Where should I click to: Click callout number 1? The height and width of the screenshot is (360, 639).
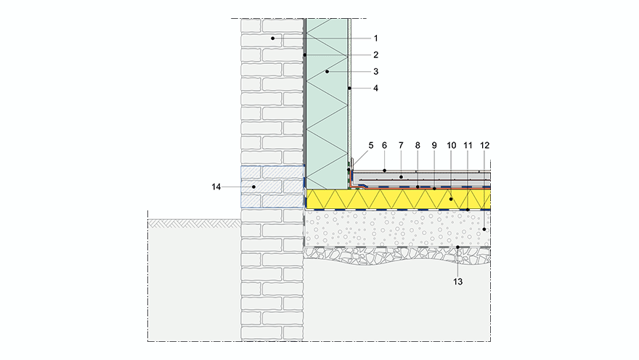(375, 38)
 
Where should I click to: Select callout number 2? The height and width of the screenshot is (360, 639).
(375, 54)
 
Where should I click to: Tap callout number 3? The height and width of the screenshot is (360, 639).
(375, 72)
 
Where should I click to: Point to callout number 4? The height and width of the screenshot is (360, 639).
(375, 89)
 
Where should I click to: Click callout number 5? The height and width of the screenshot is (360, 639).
(370, 145)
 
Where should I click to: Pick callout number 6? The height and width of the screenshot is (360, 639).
(385, 145)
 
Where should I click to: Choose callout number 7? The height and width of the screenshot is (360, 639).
(401, 145)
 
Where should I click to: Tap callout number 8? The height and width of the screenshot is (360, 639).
(418, 145)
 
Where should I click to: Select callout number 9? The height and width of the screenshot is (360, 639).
(434, 145)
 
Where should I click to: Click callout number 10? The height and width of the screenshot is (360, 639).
(451, 145)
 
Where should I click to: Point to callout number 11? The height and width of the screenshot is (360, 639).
(468, 145)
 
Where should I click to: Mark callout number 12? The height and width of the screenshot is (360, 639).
(485, 145)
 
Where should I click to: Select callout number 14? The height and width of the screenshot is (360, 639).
(216, 187)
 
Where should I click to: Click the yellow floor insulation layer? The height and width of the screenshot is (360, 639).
(399, 200)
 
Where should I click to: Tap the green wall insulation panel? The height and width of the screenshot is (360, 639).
(327, 109)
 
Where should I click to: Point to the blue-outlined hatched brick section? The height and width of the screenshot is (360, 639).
(272, 187)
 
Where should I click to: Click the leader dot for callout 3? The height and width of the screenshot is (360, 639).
(328, 72)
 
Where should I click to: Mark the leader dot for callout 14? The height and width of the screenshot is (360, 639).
(253, 187)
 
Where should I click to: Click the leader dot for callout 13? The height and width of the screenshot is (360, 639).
(457, 247)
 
